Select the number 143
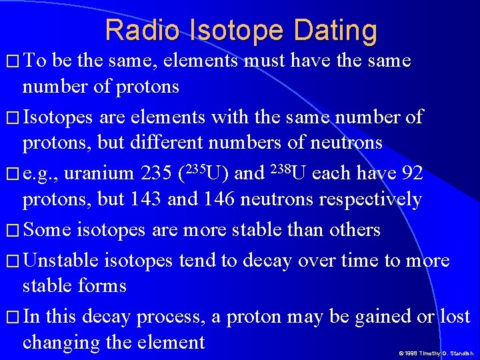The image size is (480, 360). pos(127,199)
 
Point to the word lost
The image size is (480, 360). pos(455,317)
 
